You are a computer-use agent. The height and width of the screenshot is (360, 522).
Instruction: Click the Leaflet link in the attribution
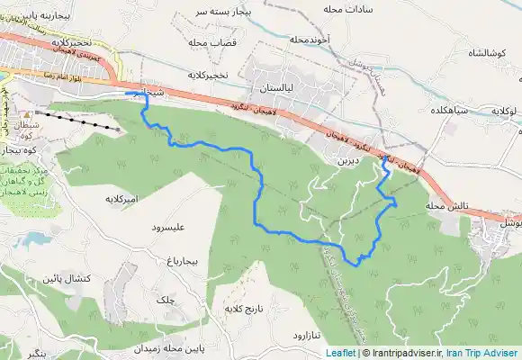pos(340,353)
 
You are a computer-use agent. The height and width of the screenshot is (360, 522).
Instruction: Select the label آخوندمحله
pos(313,40)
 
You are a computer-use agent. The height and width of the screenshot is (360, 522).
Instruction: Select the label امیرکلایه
pos(125,197)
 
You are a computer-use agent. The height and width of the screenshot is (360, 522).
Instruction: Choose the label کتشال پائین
pos(65,278)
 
